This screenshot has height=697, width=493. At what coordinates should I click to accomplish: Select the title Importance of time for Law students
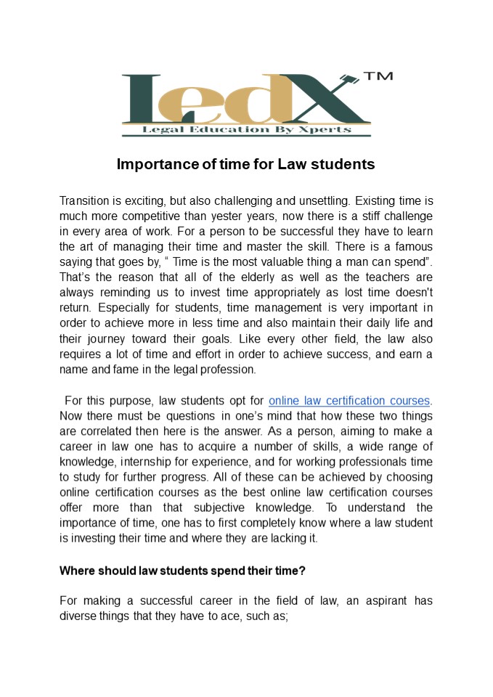click(x=245, y=164)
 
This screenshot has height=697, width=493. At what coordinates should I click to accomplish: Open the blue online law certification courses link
click(x=349, y=400)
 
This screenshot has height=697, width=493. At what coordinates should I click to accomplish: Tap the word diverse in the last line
click(x=78, y=616)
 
